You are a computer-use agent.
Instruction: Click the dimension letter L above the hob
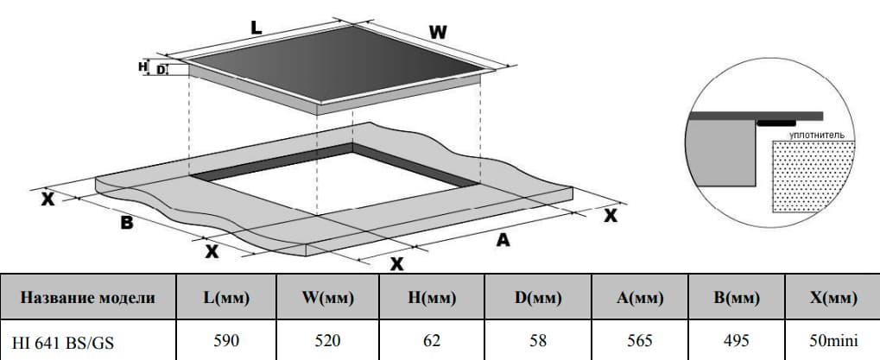256,28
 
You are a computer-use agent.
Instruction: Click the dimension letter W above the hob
438,33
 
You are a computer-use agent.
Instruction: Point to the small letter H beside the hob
142,67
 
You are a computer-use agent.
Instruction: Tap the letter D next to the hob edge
161,70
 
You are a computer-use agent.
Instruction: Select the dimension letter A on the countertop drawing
503,240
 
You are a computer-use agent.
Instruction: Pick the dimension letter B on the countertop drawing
128,223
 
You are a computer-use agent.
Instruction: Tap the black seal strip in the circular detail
776,123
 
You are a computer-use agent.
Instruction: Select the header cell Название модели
88,297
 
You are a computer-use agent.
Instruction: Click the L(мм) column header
226,297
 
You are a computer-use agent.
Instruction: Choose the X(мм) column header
833,297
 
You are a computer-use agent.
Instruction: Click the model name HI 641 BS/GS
63,342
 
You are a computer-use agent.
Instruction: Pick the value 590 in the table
226,340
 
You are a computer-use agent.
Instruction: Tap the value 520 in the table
328,340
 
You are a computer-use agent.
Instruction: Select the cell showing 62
432,340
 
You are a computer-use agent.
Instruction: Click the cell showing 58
538,340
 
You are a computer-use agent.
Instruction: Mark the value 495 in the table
737,340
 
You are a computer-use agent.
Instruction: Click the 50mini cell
833,340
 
